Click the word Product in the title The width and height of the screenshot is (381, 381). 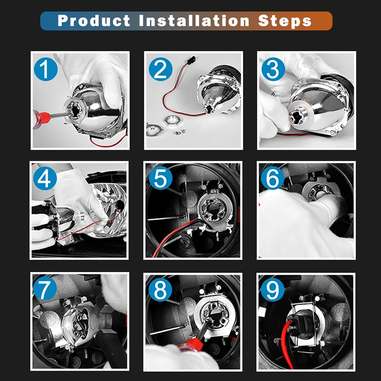(94, 20)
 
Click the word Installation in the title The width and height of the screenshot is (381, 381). (194, 20)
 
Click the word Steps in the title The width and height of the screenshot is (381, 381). (284, 21)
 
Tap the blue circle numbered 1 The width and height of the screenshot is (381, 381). (46, 69)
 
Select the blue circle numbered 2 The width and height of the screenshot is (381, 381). (160, 69)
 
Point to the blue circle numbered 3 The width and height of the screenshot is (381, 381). (273, 69)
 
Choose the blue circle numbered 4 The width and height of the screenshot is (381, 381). (45, 178)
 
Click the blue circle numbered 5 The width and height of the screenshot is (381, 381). (160, 178)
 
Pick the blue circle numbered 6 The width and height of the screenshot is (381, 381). (272, 178)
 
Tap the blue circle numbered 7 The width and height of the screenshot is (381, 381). (45, 288)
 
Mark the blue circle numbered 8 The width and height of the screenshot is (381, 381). (160, 290)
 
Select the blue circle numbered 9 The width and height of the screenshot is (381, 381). (272, 290)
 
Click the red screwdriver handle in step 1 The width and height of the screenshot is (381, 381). (41, 119)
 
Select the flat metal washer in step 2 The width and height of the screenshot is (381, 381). (155, 129)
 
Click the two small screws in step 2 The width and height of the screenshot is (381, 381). (180, 132)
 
